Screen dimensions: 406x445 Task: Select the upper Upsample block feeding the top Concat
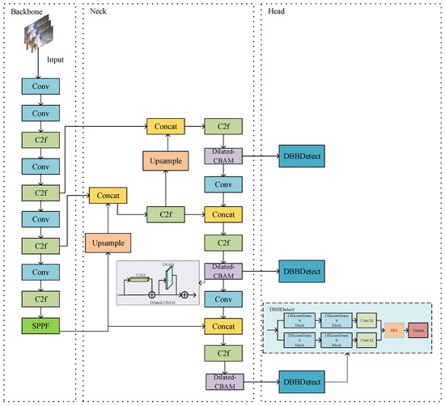pyautogui.click(x=166, y=159)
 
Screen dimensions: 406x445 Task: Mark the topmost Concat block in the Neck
pyautogui.click(x=166, y=127)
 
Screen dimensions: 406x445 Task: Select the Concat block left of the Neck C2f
pyautogui.click(x=108, y=196)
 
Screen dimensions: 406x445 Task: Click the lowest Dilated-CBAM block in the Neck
pyautogui.click(x=222, y=380)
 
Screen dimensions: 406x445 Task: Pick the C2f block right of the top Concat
pyautogui.click(x=222, y=127)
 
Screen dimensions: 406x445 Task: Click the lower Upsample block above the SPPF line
pyautogui.click(x=108, y=241)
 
